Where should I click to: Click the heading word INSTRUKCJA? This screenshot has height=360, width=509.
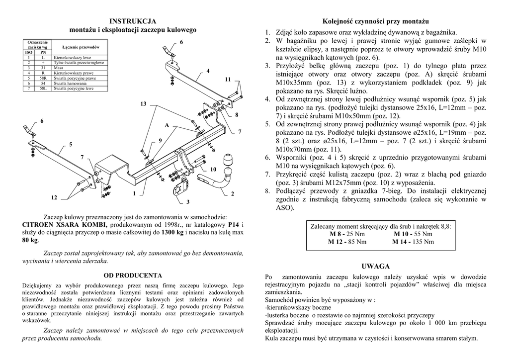(x=133, y=21)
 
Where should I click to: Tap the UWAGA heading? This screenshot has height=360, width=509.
(x=375, y=266)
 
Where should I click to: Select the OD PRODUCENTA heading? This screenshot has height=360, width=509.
(x=133, y=275)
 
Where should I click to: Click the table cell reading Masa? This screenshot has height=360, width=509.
(x=59, y=67)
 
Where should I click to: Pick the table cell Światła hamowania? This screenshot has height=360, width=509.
(x=69, y=83)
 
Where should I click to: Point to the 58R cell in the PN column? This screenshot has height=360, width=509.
(x=43, y=78)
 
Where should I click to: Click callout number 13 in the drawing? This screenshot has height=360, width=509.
(x=143, y=104)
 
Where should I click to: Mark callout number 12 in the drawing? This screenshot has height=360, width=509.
(x=54, y=198)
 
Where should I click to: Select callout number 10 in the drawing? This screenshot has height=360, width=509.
(x=213, y=170)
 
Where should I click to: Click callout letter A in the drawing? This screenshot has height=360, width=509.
(x=167, y=125)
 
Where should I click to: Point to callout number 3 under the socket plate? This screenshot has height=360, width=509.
(x=188, y=202)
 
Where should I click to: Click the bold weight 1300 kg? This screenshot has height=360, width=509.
(x=173, y=232)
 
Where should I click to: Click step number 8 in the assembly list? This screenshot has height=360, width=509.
(x=267, y=190)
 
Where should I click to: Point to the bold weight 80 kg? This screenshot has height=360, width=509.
(x=30, y=240)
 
